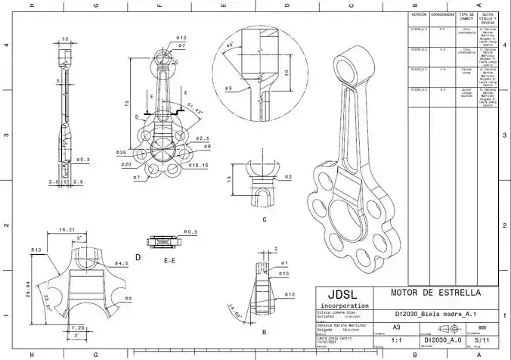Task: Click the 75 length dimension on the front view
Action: (x=126, y=103)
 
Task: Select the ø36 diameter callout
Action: (x=120, y=153)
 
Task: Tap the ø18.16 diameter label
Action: (x=200, y=164)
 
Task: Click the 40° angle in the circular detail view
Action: (x=229, y=47)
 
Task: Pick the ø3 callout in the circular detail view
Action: (x=228, y=88)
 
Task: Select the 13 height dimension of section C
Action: (x=230, y=179)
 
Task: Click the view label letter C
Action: (x=264, y=219)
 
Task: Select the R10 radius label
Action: (x=36, y=250)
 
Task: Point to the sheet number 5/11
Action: (x=478, y=341)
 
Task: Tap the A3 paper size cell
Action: (x=396, y=327)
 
